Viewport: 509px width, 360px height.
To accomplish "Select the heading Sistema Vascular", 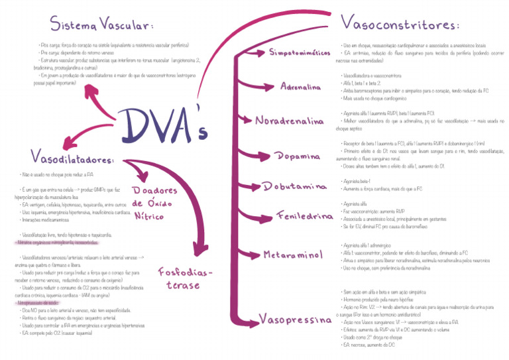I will click(102, 25).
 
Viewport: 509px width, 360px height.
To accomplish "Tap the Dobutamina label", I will click(296, 186).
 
